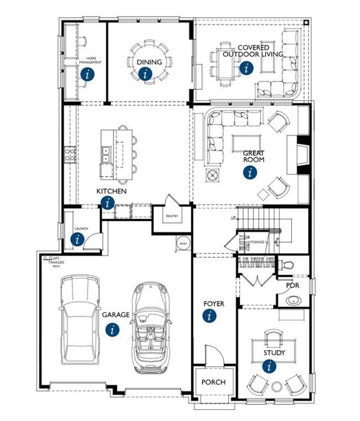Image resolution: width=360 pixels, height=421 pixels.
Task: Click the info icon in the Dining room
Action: (145, 73)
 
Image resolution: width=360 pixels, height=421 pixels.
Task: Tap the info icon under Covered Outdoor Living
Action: (245, 68)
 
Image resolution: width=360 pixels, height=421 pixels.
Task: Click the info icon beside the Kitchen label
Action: (107, 203)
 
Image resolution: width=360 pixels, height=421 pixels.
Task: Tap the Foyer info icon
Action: (209, 316)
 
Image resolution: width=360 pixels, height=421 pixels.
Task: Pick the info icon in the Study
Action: (268, 365)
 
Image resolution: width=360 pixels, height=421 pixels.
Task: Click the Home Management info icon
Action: (87, 73)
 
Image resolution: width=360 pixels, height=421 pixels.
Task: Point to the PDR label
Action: (293, 286)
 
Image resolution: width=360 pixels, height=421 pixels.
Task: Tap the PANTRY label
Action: (172, 216)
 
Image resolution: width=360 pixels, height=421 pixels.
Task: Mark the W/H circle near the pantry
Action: (182, 243)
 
